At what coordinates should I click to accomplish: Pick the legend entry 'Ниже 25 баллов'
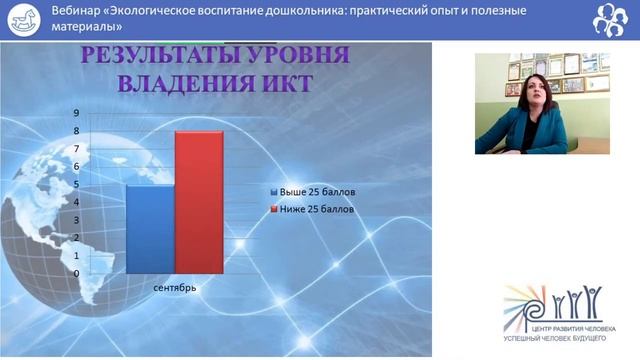318,209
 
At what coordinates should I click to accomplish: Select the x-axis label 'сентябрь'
175,288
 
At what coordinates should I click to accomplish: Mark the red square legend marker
273,210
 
